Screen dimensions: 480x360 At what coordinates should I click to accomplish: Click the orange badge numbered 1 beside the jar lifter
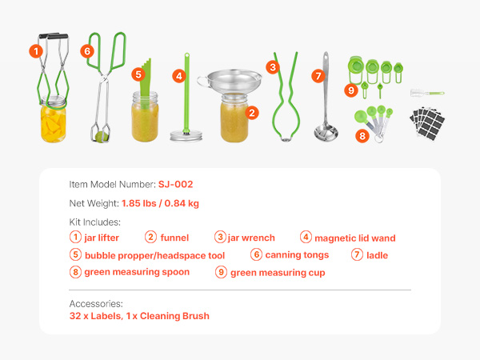pos(36,51)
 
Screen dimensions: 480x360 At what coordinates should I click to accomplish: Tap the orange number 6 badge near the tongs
pos(87,51)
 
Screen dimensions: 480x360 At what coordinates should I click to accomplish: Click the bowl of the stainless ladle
pos(326,133)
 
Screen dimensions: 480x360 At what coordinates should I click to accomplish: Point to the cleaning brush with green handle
pos(427,93)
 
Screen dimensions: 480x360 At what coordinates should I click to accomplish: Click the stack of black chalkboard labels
pos(427,123)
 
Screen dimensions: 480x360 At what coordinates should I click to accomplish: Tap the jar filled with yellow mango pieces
pos(54,119)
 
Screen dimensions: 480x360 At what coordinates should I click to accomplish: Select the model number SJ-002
pos(175,184)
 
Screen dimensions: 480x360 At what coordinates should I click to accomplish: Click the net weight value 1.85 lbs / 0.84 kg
pos(160,203)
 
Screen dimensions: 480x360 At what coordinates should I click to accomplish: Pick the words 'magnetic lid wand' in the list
pos(355,238)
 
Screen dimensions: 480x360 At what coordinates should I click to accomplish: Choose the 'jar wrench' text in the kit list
pos(251,238)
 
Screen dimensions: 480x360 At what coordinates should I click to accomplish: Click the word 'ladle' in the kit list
pos(377,255)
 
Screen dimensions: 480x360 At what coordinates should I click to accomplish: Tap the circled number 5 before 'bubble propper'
pos(75,254)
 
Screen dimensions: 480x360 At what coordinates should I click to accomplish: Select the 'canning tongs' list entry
pos(297,255)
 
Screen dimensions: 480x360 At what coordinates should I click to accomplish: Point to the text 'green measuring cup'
pos(278,273)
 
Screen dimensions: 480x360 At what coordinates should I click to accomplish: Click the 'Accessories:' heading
pos(96,304)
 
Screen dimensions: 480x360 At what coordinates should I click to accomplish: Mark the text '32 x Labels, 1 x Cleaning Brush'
pos(139,316)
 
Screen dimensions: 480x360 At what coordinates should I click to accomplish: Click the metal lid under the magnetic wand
pos(186,136)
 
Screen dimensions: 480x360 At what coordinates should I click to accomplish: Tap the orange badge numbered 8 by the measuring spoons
pos(362,136)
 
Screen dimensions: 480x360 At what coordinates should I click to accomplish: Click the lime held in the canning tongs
pos(101,137)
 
